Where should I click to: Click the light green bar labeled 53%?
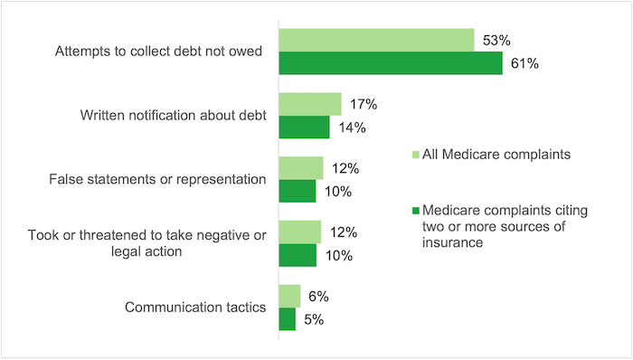pyautogui.click(x=376, y=40)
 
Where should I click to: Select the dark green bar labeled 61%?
pyautogui.click(x=390, y=63)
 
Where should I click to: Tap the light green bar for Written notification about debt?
pyautogui.click(x=309, y=104)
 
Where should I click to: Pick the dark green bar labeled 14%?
pyautogui.click(x=304, y=128)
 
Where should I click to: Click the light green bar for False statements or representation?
pyautogui.click(x=300, y=168)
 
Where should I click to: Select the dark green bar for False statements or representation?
pyautogui.click(x=297, y=192)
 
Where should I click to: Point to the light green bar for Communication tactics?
pyautogui.click(x=289, y=297)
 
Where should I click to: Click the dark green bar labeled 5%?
pyautogui.click(x=287, y=319)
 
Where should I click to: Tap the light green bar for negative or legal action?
pyautogui.click(x=299, y=232)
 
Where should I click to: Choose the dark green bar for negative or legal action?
pyautogui.click(x=297, y=255)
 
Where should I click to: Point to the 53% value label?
pyautogui.click(x=498, y=40)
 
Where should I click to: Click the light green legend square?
pyautogui.click(x=416, y=155)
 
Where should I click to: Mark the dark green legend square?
pyautogui.click(x=416, y=211)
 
